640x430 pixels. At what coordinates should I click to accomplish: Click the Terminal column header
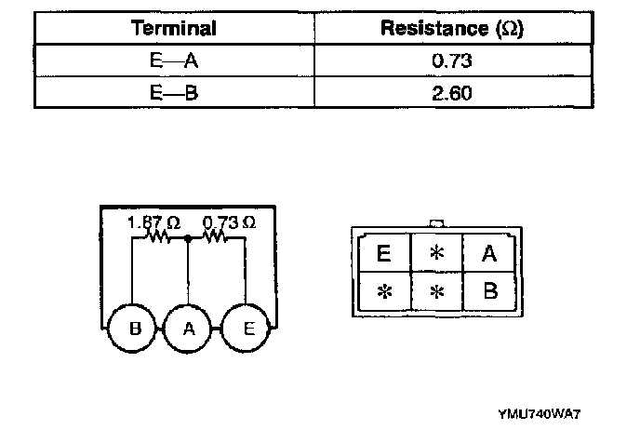pyautogui.click(x=174, y=28)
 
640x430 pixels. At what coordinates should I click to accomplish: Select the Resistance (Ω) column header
pyautogui.click(x=451, y=28)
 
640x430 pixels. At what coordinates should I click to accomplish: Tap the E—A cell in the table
pyautogui.click(x=174, y=61)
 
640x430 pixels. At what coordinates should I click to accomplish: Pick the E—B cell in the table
pyautogui.click(x=174, y=94)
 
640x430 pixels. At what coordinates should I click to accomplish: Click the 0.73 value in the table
pyautogui.click(x=451, y=61)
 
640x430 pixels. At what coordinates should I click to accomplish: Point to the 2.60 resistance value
pyautogui.click(x=451, y=94)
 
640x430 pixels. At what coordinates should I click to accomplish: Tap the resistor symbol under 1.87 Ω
pyautogui.click(x=156, y=238)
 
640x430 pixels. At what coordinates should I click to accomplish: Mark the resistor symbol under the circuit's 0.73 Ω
pyautogui.click(x=215, y=238)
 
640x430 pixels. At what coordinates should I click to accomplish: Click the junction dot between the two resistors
pyautogui.click(x=189, y=238)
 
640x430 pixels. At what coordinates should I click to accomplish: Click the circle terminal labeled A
pyautogui.click(x=189, y=329)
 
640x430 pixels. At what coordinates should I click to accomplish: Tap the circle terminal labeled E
pyautogui.click(x=247, y=329)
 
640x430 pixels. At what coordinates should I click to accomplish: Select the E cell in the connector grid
pyautogui.click(x=383, y=253)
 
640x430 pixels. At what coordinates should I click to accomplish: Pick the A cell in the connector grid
pyautogui.click(x=490, y=253)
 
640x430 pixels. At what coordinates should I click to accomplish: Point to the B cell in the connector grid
pyautogui.click(x=490, y=290)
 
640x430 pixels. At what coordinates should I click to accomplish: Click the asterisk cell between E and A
pyautogui.click(x=437, y=253)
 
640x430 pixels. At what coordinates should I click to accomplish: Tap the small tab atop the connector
pyautogui.click(x=435, y=224)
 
